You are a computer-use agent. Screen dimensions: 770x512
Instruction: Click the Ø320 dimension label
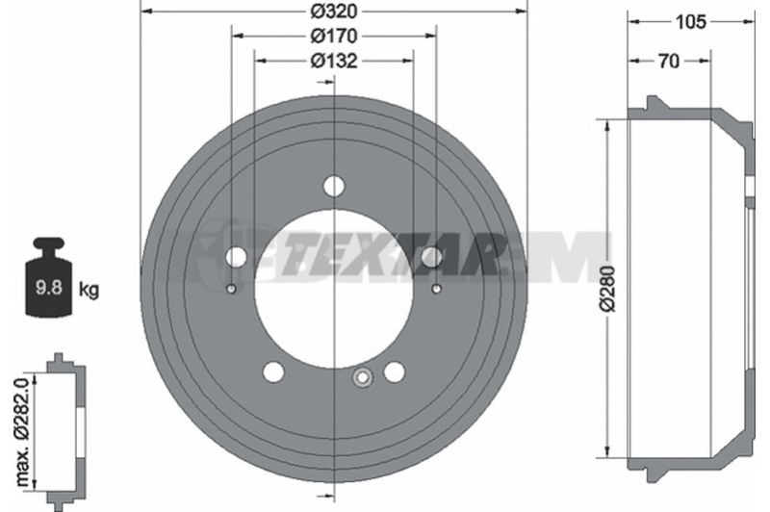click(333, 11)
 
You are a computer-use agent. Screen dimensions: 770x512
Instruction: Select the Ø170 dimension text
click(333, 36)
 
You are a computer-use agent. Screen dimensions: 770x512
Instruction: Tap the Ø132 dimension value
click(333, 61)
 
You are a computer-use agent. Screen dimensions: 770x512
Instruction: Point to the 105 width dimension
click(690, 22)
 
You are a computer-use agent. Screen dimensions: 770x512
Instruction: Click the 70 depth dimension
click(669, 62)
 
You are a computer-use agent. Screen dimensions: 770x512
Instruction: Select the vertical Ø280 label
click(607, 289)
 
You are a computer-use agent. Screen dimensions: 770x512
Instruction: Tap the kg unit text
click(89, 290)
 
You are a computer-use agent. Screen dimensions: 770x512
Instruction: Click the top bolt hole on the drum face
click(334, 186)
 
